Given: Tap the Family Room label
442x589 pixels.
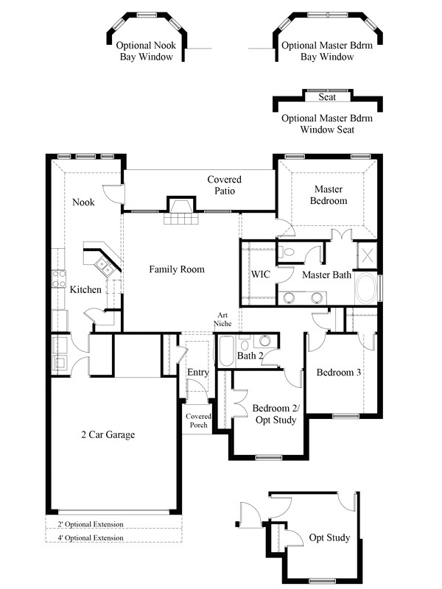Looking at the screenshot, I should (177, 269).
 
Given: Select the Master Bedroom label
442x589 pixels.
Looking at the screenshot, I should (328, 195).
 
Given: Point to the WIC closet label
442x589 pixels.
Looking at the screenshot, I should (260, 274).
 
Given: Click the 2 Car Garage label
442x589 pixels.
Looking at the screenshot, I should (108, 435).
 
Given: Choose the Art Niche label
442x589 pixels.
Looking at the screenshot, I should (223, 319).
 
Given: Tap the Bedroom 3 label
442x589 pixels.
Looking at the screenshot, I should (339, 373).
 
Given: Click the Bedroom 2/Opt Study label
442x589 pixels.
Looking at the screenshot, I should (274, 415).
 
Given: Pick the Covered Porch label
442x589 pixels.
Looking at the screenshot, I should (198, 421).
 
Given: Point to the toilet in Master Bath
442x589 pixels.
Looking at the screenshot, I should (290, 253).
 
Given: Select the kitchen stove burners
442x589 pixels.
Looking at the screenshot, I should (58, 279).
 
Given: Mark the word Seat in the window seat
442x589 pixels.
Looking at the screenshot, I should (327, 97).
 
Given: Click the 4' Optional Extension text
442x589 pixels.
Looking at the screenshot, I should (90, 537).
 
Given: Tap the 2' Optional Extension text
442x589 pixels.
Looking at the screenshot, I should (90, 524).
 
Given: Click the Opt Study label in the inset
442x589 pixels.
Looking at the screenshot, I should (329, 538).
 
